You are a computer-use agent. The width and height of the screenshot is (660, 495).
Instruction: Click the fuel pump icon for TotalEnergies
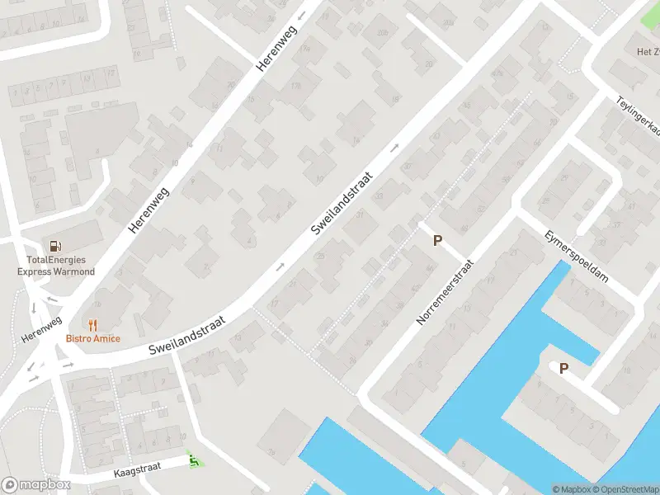coord(55,245)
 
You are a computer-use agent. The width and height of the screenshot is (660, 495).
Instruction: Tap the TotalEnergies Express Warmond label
coord(56,266)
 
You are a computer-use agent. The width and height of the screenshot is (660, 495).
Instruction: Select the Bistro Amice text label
coord(93,338)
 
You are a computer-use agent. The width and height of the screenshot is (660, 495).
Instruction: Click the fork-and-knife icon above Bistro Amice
coord(93,325)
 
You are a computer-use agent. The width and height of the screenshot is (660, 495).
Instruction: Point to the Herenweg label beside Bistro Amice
coord(41,331)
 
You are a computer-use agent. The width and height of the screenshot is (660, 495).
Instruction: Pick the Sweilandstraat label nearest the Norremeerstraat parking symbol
coord(342,202)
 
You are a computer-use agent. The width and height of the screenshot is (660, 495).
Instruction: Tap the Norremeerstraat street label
coord(445,292)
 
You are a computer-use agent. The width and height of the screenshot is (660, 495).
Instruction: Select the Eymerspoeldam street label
coord(576,257)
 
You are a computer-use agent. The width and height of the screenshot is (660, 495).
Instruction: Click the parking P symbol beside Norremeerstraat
coord(438,241)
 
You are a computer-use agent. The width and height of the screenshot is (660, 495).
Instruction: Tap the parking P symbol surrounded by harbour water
coord(564,369)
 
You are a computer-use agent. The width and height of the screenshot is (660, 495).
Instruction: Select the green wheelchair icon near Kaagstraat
coord(194,459)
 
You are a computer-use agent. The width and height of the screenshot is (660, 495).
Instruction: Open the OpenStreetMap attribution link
coord(625,489)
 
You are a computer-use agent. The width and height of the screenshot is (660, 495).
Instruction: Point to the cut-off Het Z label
coord(647,51)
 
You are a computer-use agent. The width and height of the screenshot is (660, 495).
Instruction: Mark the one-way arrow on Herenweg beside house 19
coord(301,15)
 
